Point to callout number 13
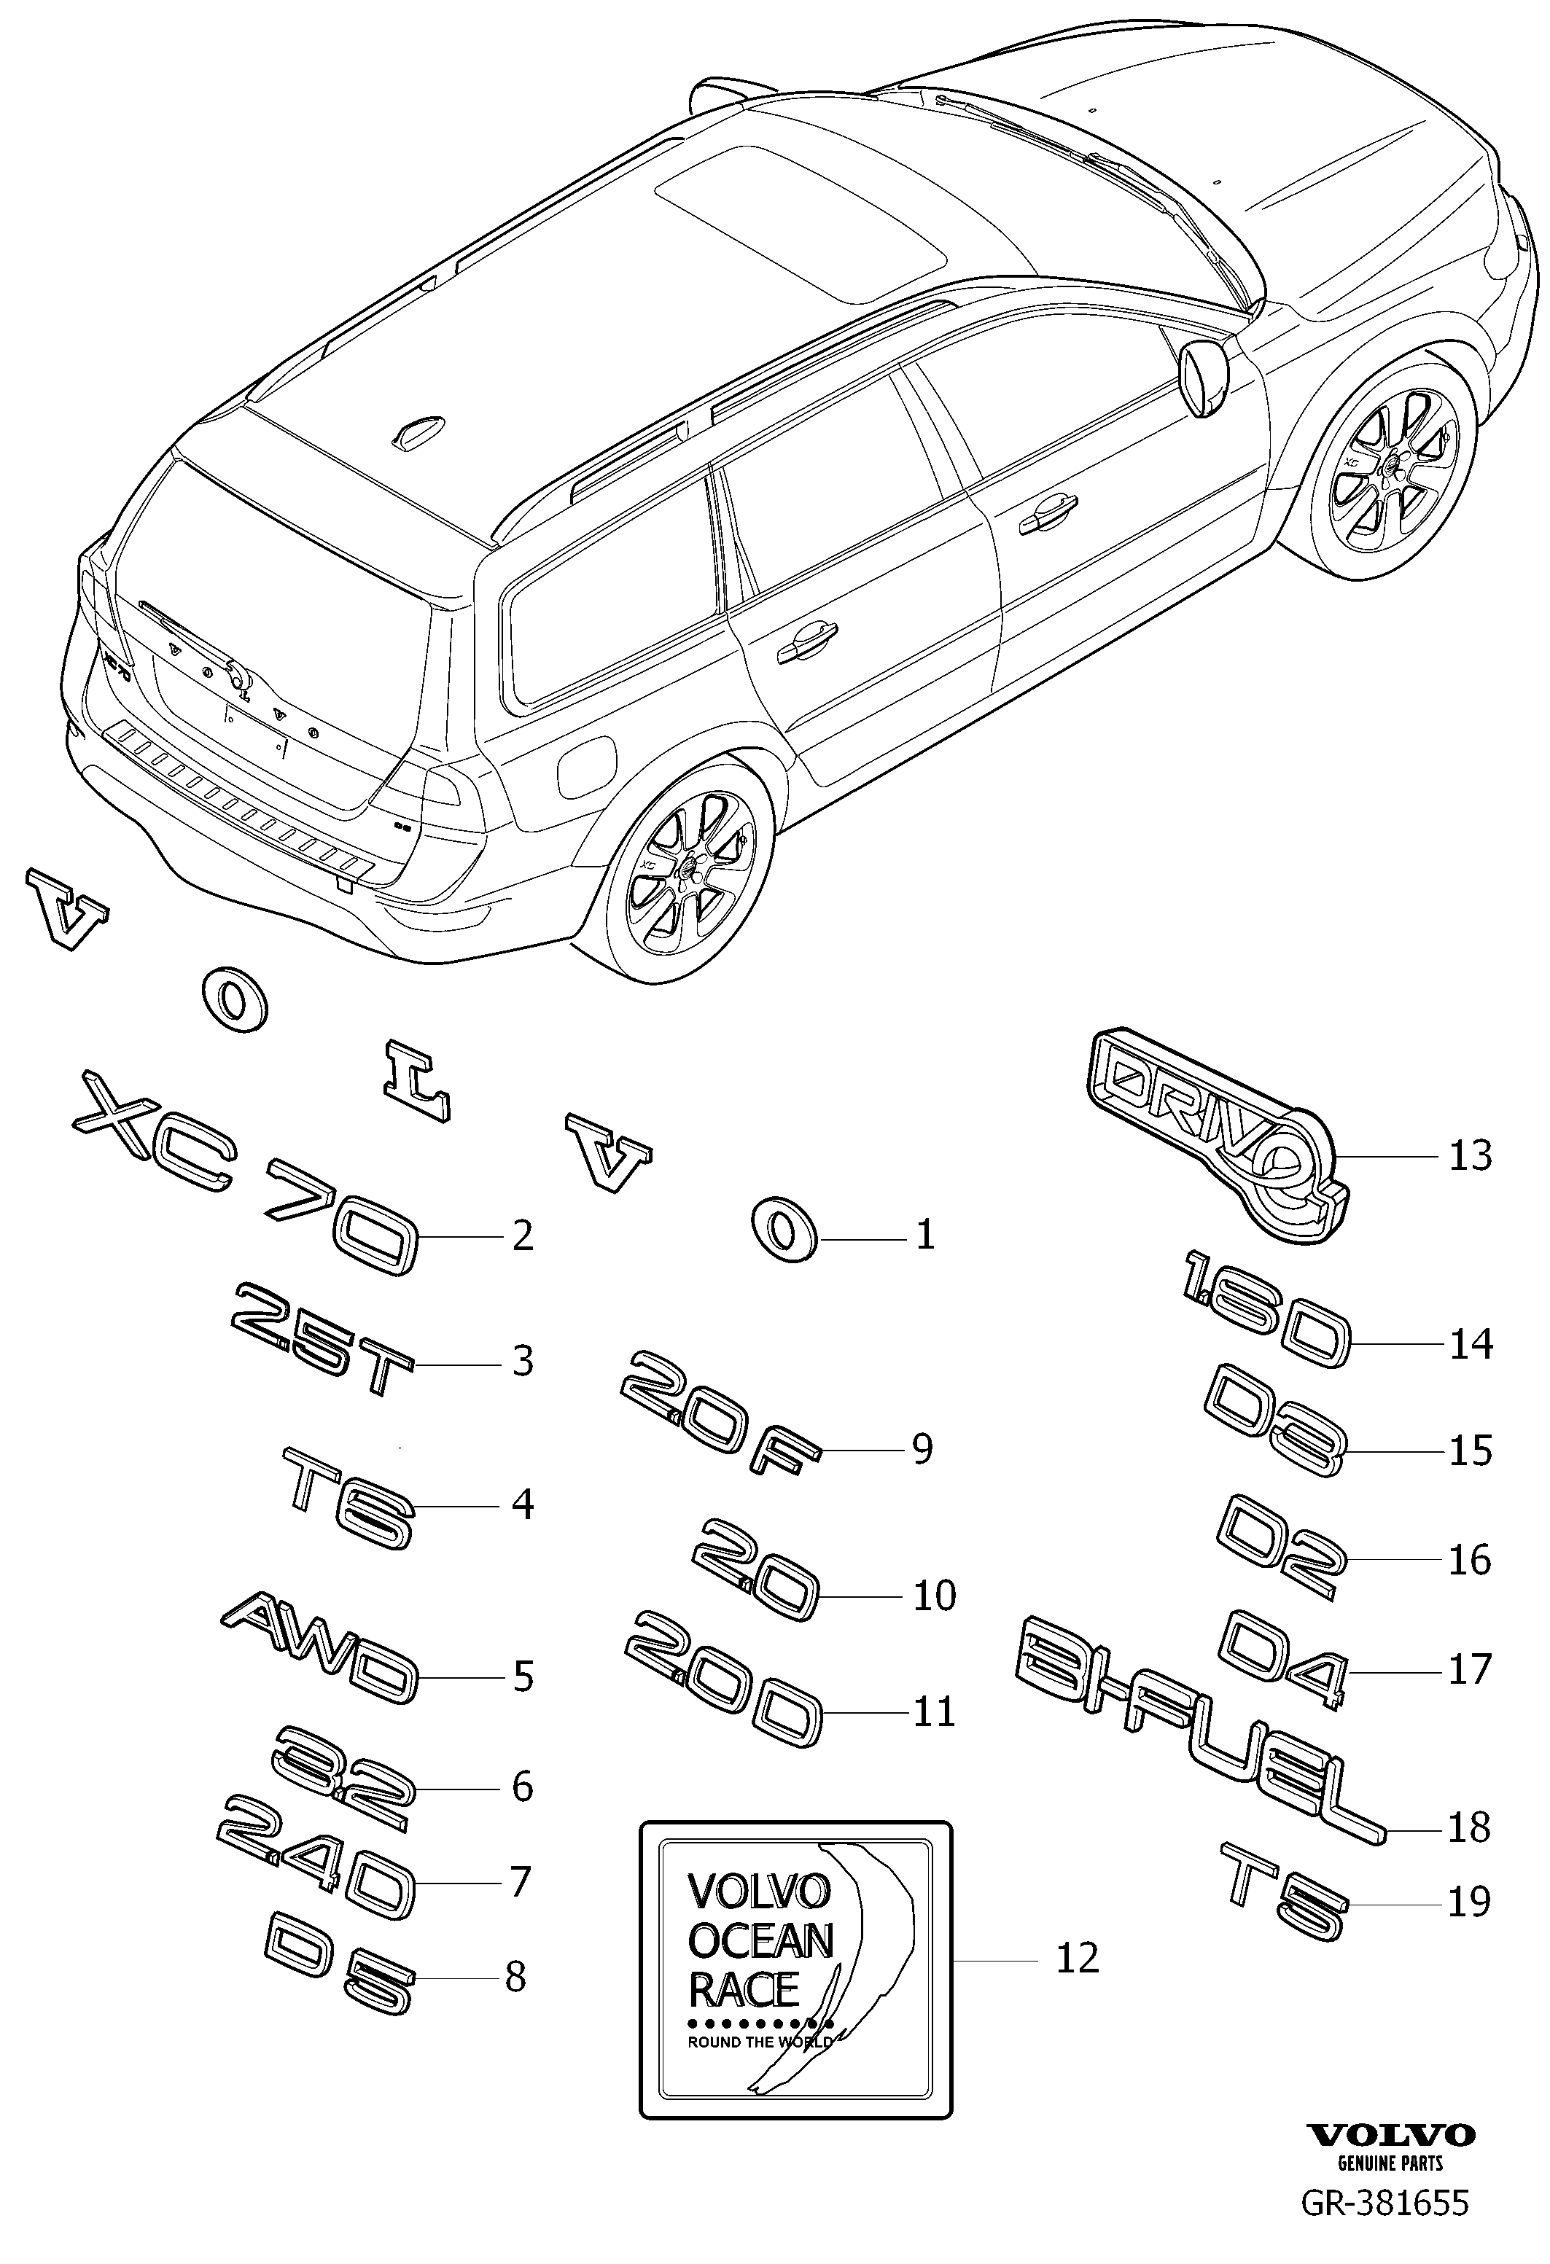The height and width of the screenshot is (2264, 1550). pyautogui.click(x=1470, y=1155)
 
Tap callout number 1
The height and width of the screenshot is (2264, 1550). pyautogui.click(x=925, y=1236)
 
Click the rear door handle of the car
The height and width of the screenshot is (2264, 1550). pyautogui.click(x=806, y=641)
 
